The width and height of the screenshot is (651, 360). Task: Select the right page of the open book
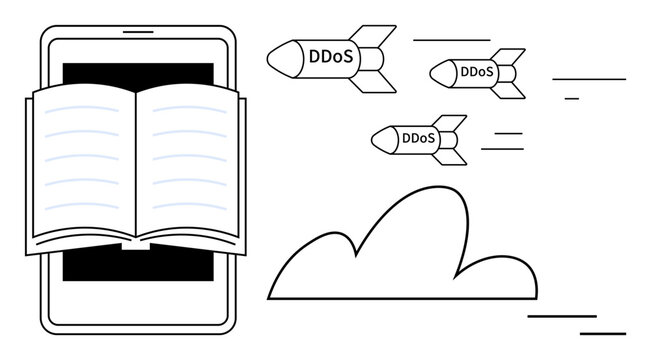point(190,160)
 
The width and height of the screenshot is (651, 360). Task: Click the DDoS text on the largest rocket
point(330,58)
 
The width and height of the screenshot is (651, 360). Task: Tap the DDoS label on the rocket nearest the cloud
point(418,139)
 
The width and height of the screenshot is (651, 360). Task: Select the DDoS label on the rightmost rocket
point(477,72)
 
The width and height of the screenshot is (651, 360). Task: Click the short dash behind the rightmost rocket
point(571,98)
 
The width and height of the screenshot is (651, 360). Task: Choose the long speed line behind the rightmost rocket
point(588,78)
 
